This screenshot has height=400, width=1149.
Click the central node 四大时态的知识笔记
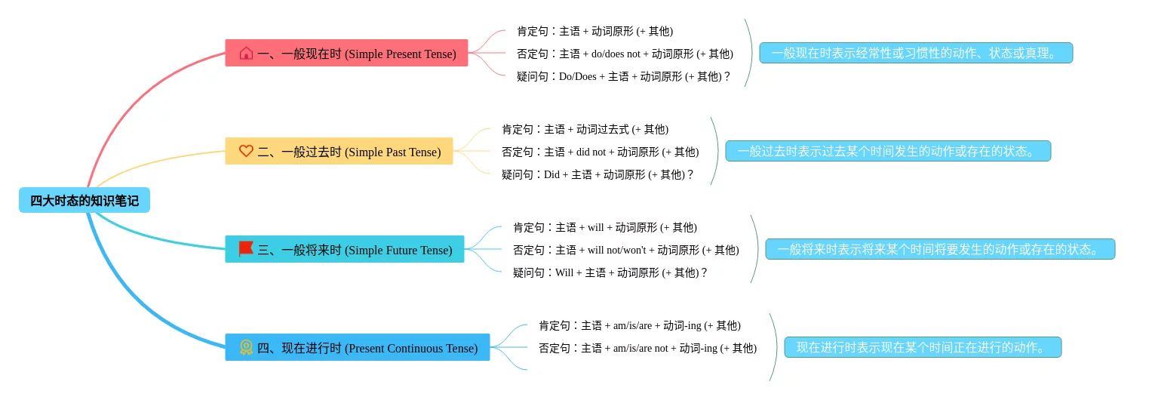[x=84, y=201]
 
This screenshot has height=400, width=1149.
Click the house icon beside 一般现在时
[x=246, y=53]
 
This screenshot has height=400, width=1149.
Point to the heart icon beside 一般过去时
[x=246, y=151]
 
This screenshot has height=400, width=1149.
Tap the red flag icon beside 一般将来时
[x=246, y=249]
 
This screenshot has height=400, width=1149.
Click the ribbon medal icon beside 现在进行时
[x=246, y=347]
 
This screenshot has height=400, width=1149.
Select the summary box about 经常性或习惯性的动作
[x=916, y=53]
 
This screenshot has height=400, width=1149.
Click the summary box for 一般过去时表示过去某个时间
[x=888, y=151]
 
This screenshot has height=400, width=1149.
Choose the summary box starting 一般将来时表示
[x=940, y=249]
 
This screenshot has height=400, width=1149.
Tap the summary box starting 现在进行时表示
[x=923, y=347]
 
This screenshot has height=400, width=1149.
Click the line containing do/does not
[x=625, y=54]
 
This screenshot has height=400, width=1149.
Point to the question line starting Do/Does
[x=624, y=76]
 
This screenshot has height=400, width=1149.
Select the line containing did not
[x=600, y=152]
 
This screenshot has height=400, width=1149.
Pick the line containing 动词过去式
[x=585, y=129]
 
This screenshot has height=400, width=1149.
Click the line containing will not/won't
[x=625, y=250]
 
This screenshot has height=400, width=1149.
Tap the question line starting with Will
[x=610, y=272]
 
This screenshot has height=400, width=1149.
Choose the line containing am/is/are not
[x=647, y=348]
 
